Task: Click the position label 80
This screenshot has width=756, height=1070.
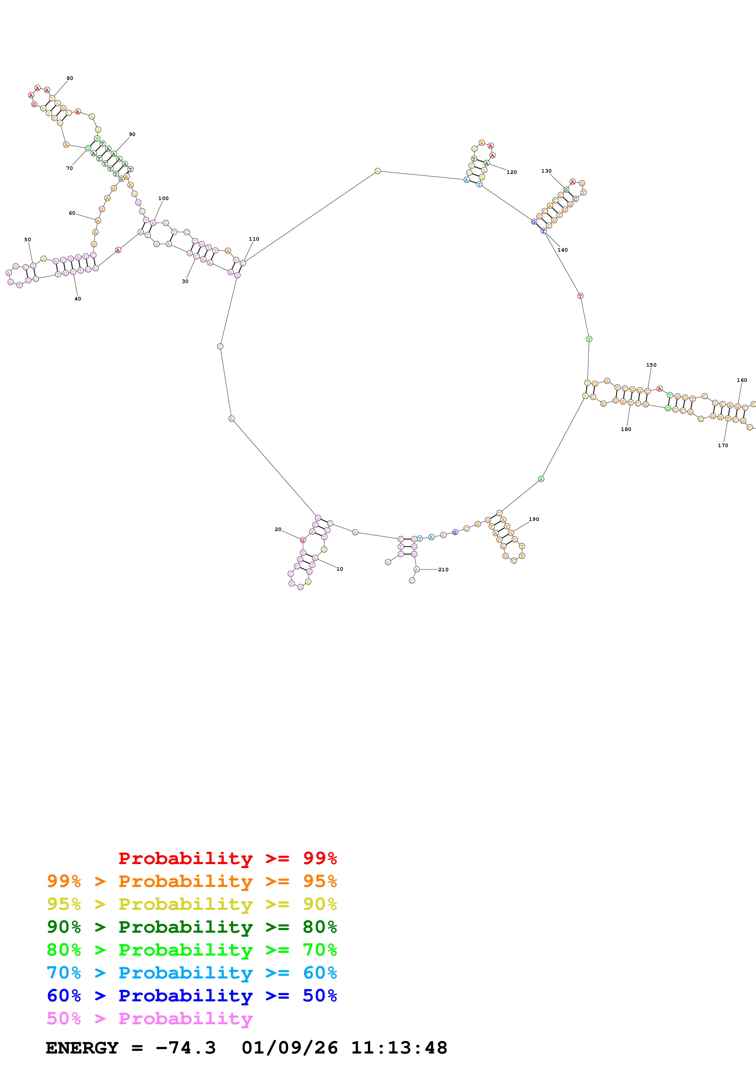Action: point(70,78)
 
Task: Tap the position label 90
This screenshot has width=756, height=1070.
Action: point(132,134)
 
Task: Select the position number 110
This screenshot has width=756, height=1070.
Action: point(254,239)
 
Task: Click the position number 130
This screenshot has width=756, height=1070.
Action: point(546,171)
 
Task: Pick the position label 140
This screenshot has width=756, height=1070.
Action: point(563,250)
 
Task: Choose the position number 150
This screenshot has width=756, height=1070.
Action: point(651,365)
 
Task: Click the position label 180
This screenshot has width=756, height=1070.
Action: point(626,429)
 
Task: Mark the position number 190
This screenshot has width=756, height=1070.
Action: point(534,519)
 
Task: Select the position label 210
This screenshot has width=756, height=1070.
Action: point(443,569)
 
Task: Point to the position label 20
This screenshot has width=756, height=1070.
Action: point(278,530)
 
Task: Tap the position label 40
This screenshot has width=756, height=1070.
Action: point(78,299)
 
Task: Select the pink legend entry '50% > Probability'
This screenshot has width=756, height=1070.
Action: point(149,1018)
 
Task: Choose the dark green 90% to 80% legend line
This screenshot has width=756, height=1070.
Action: point(192,927)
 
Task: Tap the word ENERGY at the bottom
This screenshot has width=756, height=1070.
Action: point(82,1048)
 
